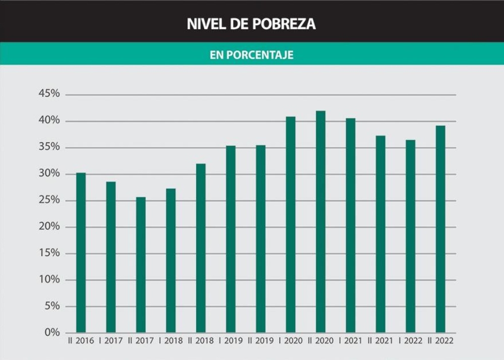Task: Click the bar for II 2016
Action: pos(81,252)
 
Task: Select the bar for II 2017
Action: pos(141,265)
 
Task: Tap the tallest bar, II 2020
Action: pos(321,222)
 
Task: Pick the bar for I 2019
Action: pos(231,239)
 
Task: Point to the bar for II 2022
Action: pos(440,229)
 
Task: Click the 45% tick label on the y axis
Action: pos(49,94)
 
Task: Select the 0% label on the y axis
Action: pos(52,333)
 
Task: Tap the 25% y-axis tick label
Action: pos(49,200)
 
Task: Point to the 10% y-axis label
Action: pos(49,280)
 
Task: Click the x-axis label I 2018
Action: pos(170,341)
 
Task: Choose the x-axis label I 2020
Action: pos(290,341)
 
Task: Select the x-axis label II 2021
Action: pos(381,341)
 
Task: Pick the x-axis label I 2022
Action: pos(410,341)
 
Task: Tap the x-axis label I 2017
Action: pos(110,341)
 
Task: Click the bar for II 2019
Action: pos(261,239)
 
